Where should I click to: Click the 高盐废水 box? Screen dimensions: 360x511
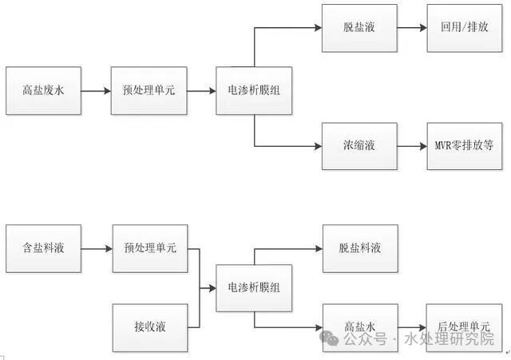pyautogui.click(x=43, y=91)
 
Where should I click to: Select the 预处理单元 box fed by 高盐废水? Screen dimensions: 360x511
pyautogui.click(x=150, y=91)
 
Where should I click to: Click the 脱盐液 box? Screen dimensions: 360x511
pyautogui.click(x=359, y=28)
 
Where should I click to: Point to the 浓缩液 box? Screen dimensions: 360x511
pyautogui.click(x=359, y=146)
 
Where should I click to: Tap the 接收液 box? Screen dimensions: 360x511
pyautogui.click(x=150, y=326)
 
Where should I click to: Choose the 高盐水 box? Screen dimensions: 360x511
pyautogui.click(x=359, y=326)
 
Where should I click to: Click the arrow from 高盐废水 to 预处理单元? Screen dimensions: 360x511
pyautogui.click(x=97, y=91)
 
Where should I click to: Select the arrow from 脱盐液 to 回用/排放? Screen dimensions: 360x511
pyautogui.click(x=412, y=28)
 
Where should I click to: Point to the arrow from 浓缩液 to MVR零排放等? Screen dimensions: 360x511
pyautogui.click(x=412, y=146)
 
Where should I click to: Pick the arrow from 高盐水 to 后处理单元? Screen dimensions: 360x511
pyautogui.click(x=412, y=326)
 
